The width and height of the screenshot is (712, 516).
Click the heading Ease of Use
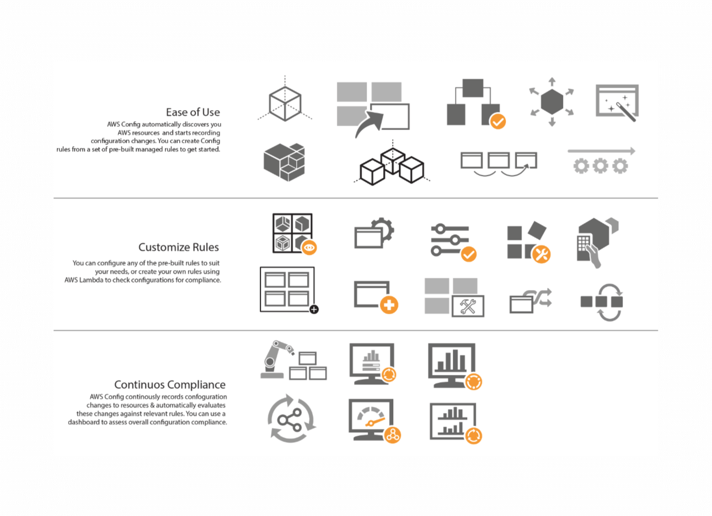(x=192, y=112)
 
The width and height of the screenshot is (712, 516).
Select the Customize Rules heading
(x=178, y=247)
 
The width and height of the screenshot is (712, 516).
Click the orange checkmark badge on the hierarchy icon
(x=497, y=121)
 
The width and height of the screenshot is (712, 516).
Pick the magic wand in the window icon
(x=625, y=110)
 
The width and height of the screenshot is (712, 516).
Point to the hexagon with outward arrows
(x=552, y=101)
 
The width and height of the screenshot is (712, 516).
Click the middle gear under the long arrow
(x=600, y=166)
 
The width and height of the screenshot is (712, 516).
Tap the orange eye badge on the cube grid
(x=309, y=248)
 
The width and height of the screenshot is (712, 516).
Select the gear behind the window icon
(x=383, y=228)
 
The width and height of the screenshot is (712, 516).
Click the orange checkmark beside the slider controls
(x=468, y=254)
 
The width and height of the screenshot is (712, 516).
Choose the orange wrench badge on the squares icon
(x=542, y=254)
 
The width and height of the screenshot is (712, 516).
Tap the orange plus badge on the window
(x=389, y=305)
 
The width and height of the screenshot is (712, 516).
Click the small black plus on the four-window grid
(x=314, y=310)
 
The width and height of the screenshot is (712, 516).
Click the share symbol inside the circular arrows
(x=290, y=420)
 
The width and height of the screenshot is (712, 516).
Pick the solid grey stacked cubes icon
(x=284, y=162)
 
